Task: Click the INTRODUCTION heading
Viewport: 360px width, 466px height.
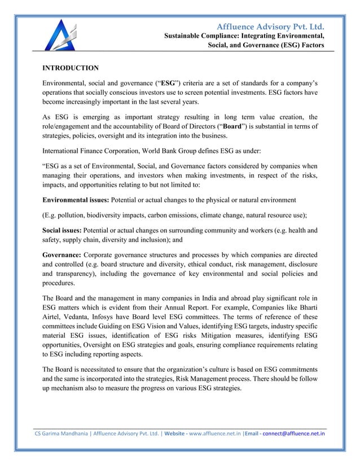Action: coord(71,68)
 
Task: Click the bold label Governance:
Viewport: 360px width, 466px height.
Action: coord(63,253)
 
